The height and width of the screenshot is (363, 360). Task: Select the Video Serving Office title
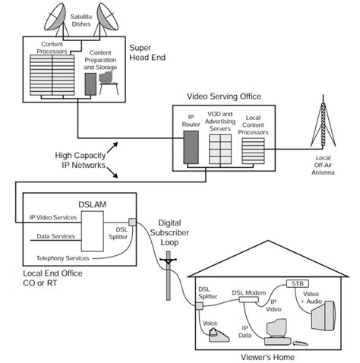[x=225, y=97]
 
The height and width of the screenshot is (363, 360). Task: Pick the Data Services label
[x=56, y=236]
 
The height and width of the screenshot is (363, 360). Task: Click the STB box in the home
[x=297, y=284]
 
